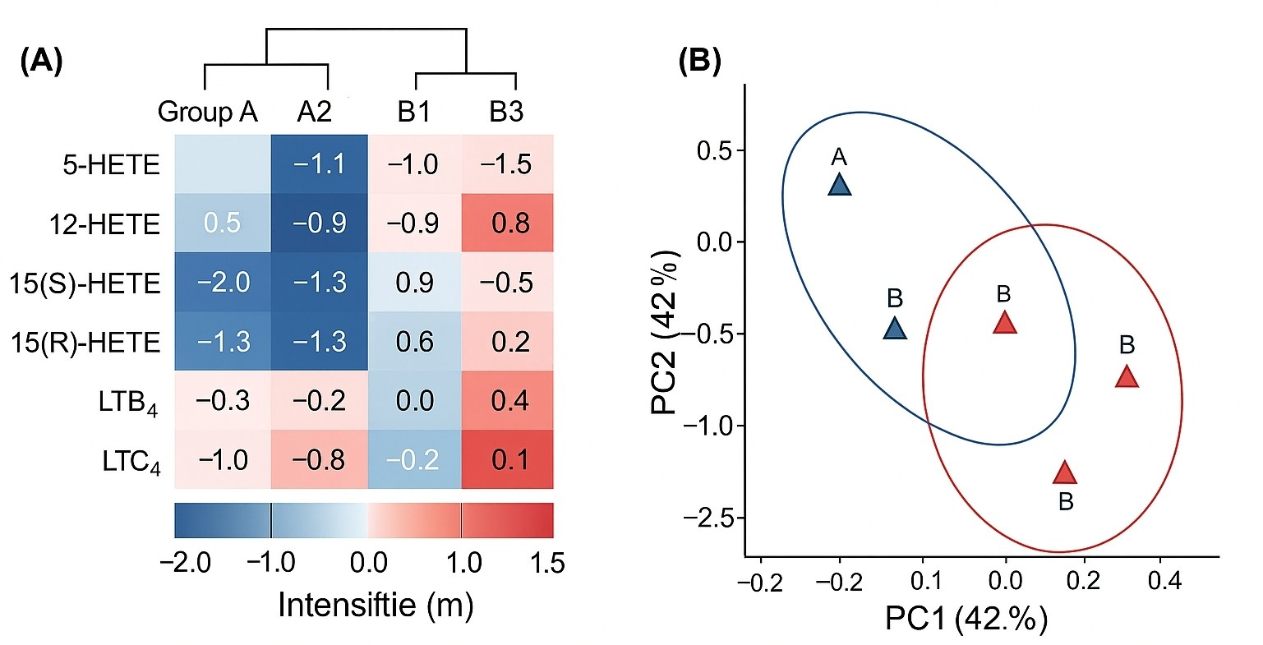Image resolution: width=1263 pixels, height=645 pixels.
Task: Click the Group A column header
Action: [207, 112]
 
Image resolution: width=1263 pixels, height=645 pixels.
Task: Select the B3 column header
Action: [506, 112]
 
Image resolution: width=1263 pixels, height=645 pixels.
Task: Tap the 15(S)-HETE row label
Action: [85, 283]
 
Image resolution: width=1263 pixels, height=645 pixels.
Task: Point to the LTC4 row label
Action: [131, 462]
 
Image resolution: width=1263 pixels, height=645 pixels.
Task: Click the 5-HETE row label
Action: [111, 164]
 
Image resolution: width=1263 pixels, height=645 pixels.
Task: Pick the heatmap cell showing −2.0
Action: [223, 283]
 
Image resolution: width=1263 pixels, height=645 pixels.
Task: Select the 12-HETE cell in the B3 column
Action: [507, 223]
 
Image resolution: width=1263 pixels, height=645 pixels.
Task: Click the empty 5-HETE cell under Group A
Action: [223, 164]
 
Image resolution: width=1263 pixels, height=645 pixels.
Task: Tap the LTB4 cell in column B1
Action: [414, 401]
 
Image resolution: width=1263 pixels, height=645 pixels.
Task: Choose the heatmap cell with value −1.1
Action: [319, 164]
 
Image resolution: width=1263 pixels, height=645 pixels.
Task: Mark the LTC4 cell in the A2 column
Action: [319, 460]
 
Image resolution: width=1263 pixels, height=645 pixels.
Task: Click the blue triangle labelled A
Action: [839, 186]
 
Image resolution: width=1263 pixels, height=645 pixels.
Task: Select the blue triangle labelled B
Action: [895, 329]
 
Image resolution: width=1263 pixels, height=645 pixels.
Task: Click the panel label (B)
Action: [699, 62]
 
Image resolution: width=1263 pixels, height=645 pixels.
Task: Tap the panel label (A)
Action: [41, 62]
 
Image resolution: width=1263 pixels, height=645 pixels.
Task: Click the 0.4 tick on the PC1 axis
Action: [1164, 582]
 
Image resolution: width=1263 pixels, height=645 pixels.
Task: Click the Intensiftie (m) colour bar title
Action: [376, 606]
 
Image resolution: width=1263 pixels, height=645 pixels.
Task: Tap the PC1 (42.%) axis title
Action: [966, 618]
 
